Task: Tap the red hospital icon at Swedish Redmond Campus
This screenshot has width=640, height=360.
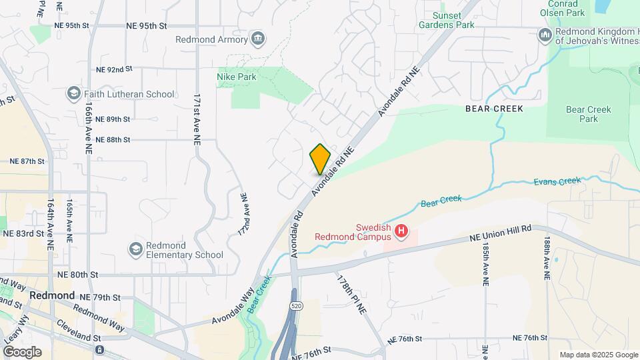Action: (401, 231)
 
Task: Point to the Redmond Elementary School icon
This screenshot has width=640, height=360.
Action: (136, 249)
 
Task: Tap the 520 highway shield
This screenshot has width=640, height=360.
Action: (293, 305)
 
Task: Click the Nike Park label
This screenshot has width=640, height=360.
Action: (237, 77)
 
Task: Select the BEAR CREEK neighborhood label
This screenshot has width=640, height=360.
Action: (494, 108)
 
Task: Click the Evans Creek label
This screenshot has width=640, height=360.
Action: (557, 181)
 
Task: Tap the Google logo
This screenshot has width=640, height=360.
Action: (21, 352)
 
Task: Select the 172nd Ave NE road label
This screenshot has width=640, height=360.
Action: (243, 213)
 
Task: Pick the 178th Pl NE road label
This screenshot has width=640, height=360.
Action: (352, 294)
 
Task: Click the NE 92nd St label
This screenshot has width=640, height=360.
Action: (115, 69)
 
